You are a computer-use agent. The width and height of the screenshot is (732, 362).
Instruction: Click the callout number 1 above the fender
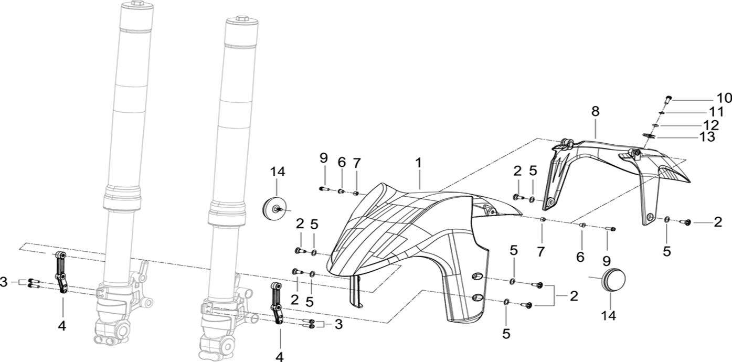418,163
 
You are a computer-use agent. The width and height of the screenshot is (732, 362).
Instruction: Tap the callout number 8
595,111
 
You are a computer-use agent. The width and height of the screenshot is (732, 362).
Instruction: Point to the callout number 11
716,112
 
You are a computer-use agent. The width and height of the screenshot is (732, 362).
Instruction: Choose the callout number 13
707,137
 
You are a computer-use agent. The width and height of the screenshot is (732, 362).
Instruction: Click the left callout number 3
5,282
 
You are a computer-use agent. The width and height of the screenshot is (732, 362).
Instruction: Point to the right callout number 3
338,325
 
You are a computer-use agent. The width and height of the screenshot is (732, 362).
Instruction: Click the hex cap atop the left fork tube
137,4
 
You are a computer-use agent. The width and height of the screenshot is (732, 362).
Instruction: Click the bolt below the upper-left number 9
323,188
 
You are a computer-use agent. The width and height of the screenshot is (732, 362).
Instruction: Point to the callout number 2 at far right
717,222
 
